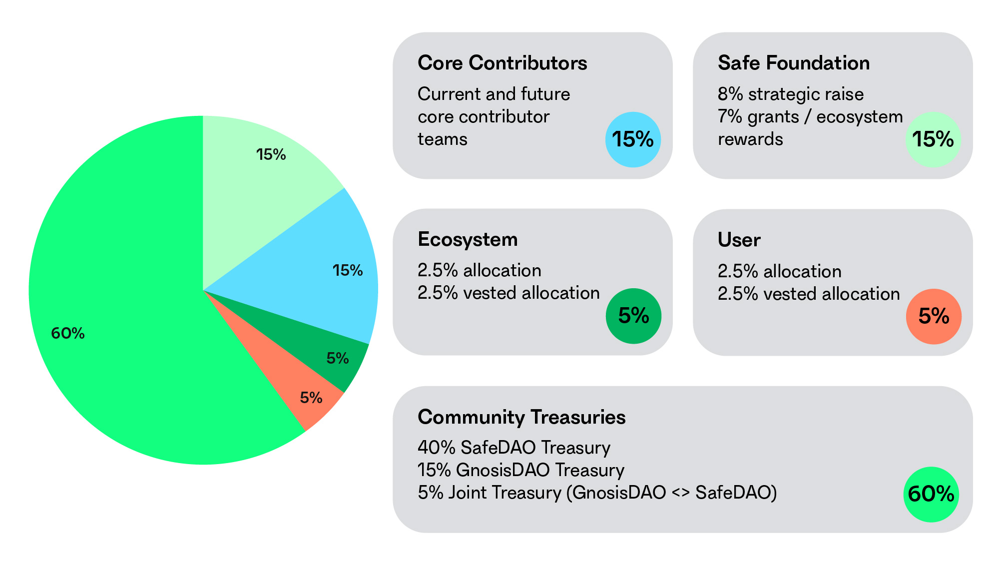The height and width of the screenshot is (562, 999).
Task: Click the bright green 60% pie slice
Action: pyautogui.click(x=125, y=350)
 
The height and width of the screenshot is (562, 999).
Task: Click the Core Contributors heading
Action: pyautogui.click(x=502, y=63)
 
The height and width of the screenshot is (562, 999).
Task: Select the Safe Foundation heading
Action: pyautogui.click(x=794, y=63)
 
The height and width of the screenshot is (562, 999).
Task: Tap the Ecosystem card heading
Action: pyautogui.click(x=468, y=239)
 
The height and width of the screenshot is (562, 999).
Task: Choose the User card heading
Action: pyautogui.click(x=739, y=240)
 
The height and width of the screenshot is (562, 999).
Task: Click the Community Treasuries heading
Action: pyautogui.click(x=521, y=417)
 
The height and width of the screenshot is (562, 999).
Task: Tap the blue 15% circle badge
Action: pyautogui.click(x=633, y=139)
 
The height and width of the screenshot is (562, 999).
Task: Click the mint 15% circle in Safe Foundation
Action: pyautogui.click(x=933, y=139)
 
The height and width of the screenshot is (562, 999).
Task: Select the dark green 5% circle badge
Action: pyautogui.click(x=633, y=316)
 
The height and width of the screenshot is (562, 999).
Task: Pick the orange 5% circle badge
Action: pyautogui.click(x=934, y=316)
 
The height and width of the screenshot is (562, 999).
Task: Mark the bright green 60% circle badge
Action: pyautogui.click(x=931, y=494)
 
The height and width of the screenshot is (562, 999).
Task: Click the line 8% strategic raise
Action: pyautogui.click(x=791, y=94)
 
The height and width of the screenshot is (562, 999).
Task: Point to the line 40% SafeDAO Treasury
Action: pyautogui.click(x=514, y=448)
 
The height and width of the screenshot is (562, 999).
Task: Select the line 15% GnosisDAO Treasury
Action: pyautogui.click(x=521, y=470)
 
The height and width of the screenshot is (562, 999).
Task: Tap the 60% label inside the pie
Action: pyautogui.click(x=68, y=333)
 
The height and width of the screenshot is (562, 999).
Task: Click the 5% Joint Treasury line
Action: pyautogui.click(x=597, y=493)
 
